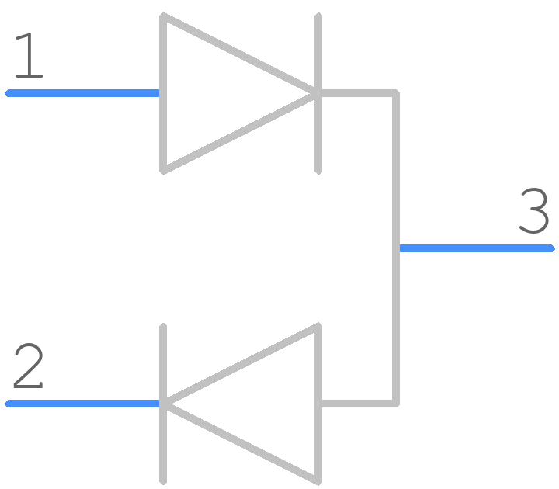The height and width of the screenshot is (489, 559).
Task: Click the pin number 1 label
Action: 30,55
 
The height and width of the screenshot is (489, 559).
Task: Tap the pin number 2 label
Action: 29,366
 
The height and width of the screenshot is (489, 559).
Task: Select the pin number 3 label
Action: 534,210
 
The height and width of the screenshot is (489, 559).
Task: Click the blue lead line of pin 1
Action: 82,93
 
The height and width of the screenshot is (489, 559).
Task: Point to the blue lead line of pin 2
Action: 82,404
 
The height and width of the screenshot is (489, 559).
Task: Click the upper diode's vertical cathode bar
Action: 318,93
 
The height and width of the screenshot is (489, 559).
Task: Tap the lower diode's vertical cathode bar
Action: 163,404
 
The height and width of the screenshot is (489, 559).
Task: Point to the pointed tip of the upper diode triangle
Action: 316,93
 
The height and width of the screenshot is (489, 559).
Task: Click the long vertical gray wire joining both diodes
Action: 396,248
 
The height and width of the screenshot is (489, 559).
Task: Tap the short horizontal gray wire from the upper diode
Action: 357,93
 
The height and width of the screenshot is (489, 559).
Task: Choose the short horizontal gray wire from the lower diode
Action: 357,404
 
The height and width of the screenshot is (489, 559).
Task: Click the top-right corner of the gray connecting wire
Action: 397,92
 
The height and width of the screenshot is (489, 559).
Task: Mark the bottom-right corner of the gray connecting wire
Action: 397,404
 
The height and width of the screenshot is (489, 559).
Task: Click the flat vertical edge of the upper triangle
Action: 163,93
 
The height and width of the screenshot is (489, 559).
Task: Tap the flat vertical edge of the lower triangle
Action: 318,404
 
